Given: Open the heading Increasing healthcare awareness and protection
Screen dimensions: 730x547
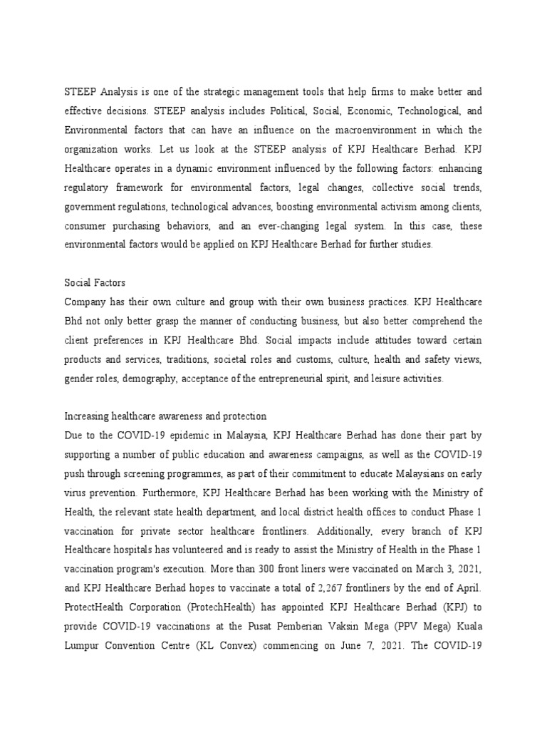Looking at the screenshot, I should tap(165, 416).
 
